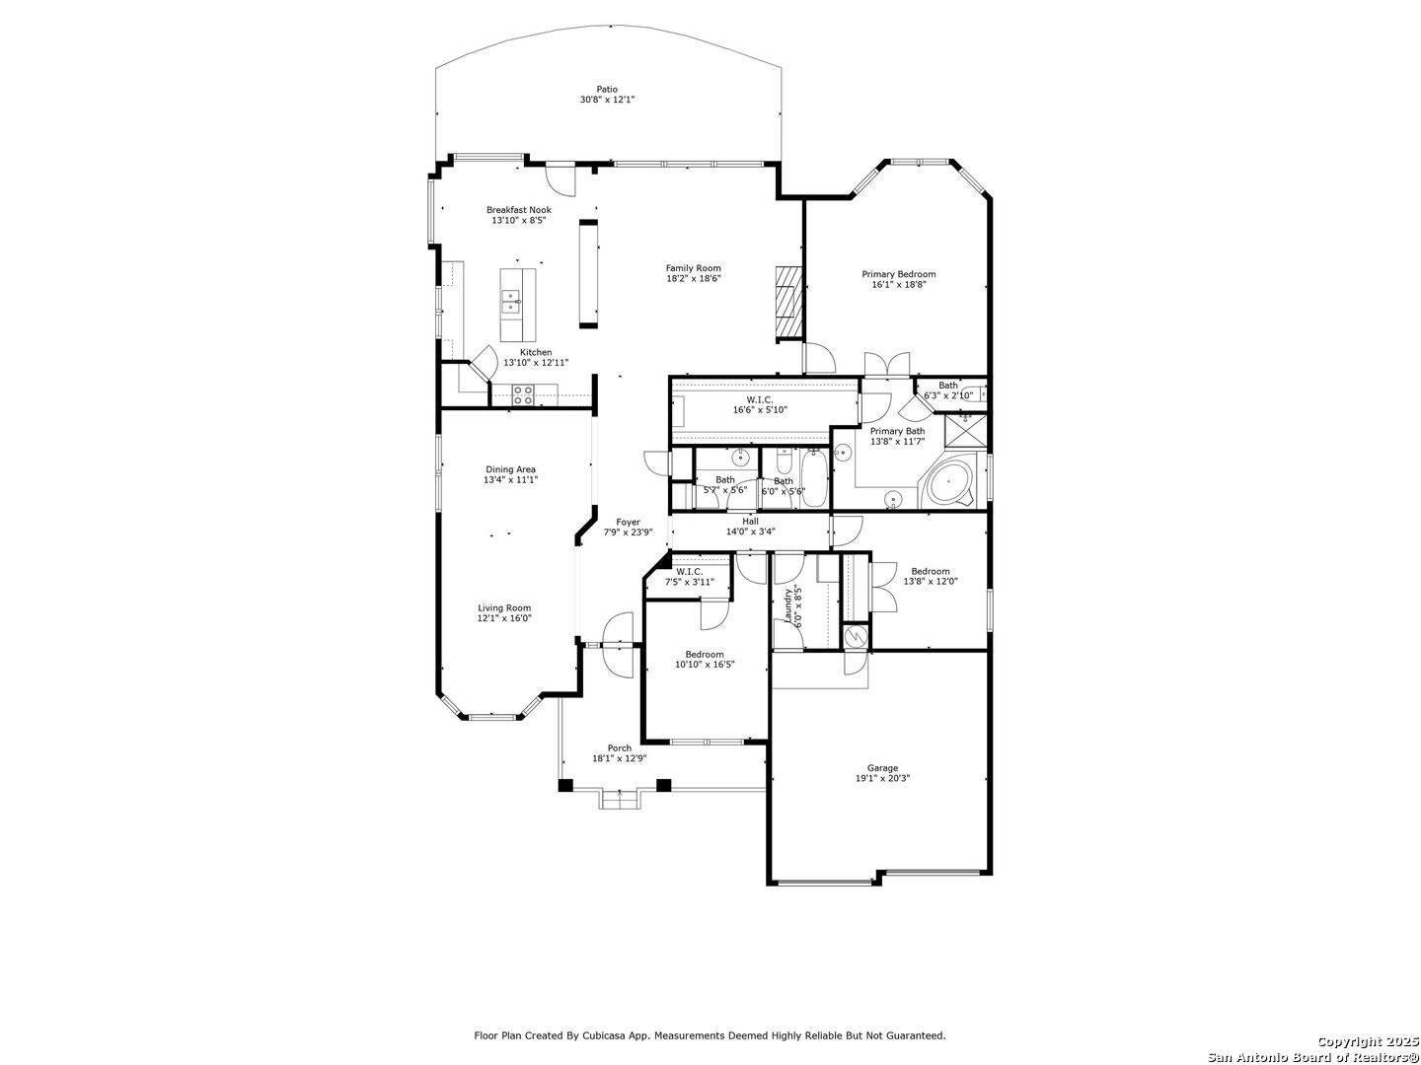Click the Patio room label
coord(607,89)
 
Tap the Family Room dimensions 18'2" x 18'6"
coord(694,279)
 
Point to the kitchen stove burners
coord(523,395)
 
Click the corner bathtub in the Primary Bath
coord(949,482)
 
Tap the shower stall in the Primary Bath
coord(966,431)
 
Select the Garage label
coord(882,768)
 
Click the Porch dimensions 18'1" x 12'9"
coord(620,758)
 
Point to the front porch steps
coord(620,800)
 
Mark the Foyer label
coord(628,522)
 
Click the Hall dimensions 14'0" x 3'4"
coord(750,532)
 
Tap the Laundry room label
coord(787,605)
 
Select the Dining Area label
coord(511,469)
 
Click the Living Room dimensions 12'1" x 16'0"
coord(504,618)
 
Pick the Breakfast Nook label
coord(519,210)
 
